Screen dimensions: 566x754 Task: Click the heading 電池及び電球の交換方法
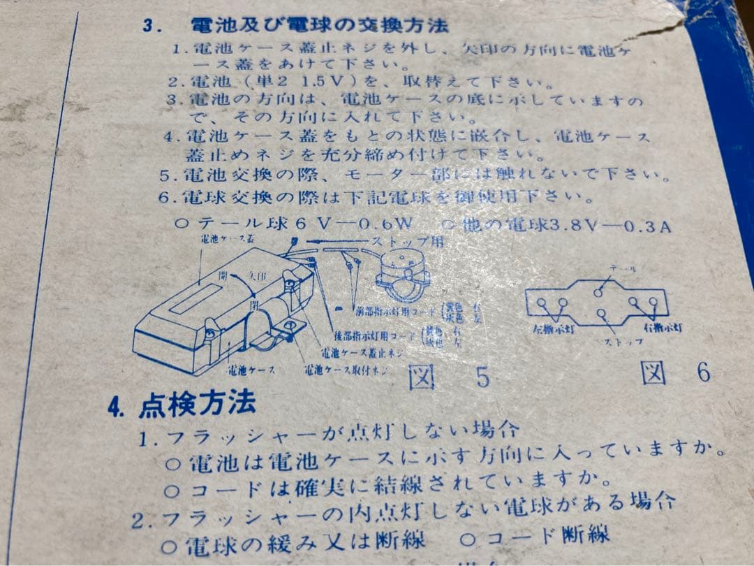click(x=320, y=26)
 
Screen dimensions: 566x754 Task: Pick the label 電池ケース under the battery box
click(x=251, y=368)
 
